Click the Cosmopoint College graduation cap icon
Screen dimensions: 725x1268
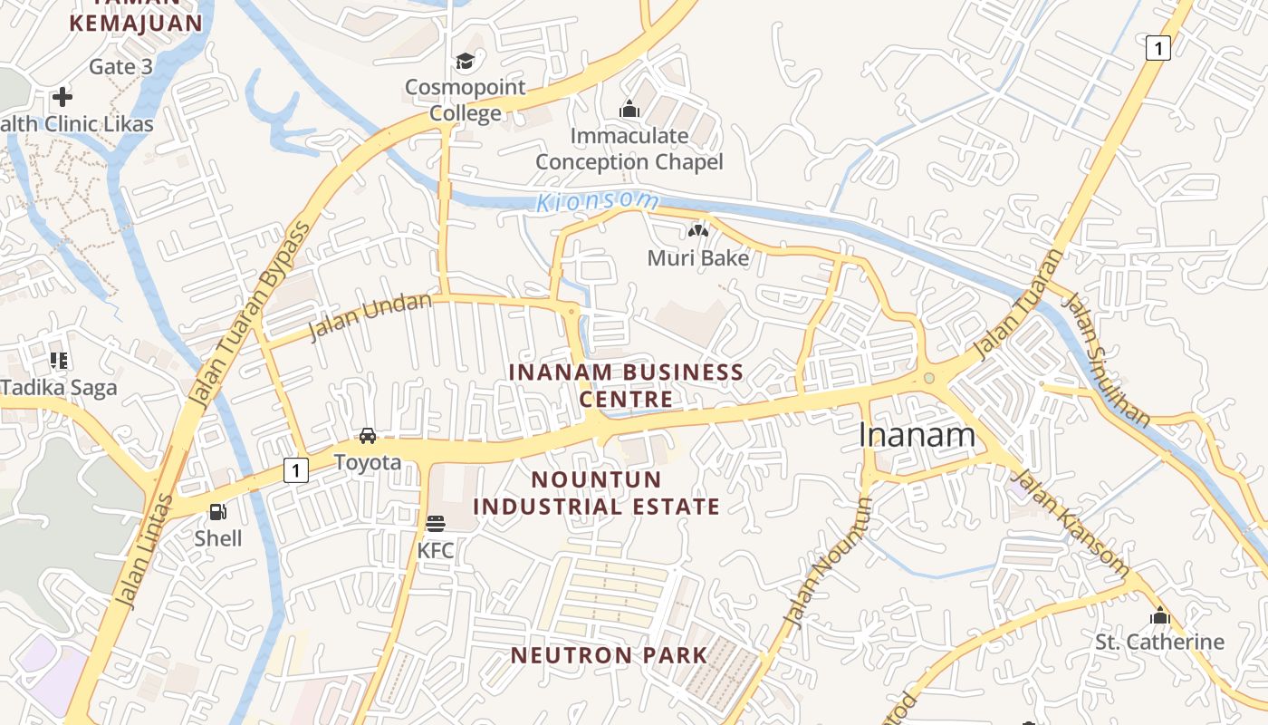465,62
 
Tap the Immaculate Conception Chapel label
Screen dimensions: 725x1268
629,149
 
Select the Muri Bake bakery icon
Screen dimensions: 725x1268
697,232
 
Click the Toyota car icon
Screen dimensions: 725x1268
368,436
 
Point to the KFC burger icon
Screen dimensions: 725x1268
436,524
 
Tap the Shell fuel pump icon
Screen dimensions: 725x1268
218,512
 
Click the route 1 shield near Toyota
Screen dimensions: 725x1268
295,470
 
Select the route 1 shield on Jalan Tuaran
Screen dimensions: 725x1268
1158,47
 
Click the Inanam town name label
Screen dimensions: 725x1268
917,436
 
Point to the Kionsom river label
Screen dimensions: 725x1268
598,202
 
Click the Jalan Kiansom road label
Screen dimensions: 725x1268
1069,524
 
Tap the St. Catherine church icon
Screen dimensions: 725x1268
1160,616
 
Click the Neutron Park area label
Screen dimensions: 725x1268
609,655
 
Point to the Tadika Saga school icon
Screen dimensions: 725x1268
59,361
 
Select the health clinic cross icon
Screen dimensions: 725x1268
62,96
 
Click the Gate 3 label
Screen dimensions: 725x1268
120,67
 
